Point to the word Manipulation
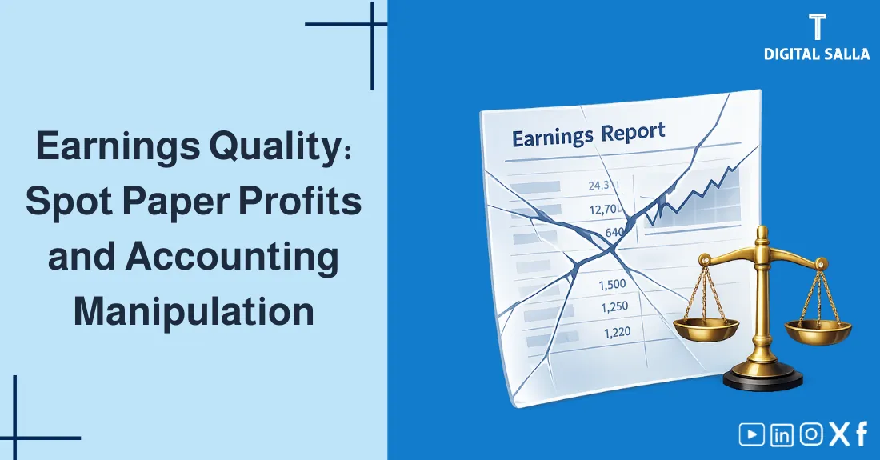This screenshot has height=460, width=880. coord(194,311)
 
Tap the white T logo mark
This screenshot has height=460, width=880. coord(816,26)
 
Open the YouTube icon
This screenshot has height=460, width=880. coord(751,434)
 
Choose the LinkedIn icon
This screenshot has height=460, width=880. coord(782,434)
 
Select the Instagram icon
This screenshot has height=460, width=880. coord(811,434)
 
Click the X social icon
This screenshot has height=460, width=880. coord(838,434)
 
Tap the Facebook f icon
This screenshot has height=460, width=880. coord(862,434)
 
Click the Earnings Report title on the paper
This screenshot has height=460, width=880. coord(588,134)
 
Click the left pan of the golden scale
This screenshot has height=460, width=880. coord(706,326)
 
